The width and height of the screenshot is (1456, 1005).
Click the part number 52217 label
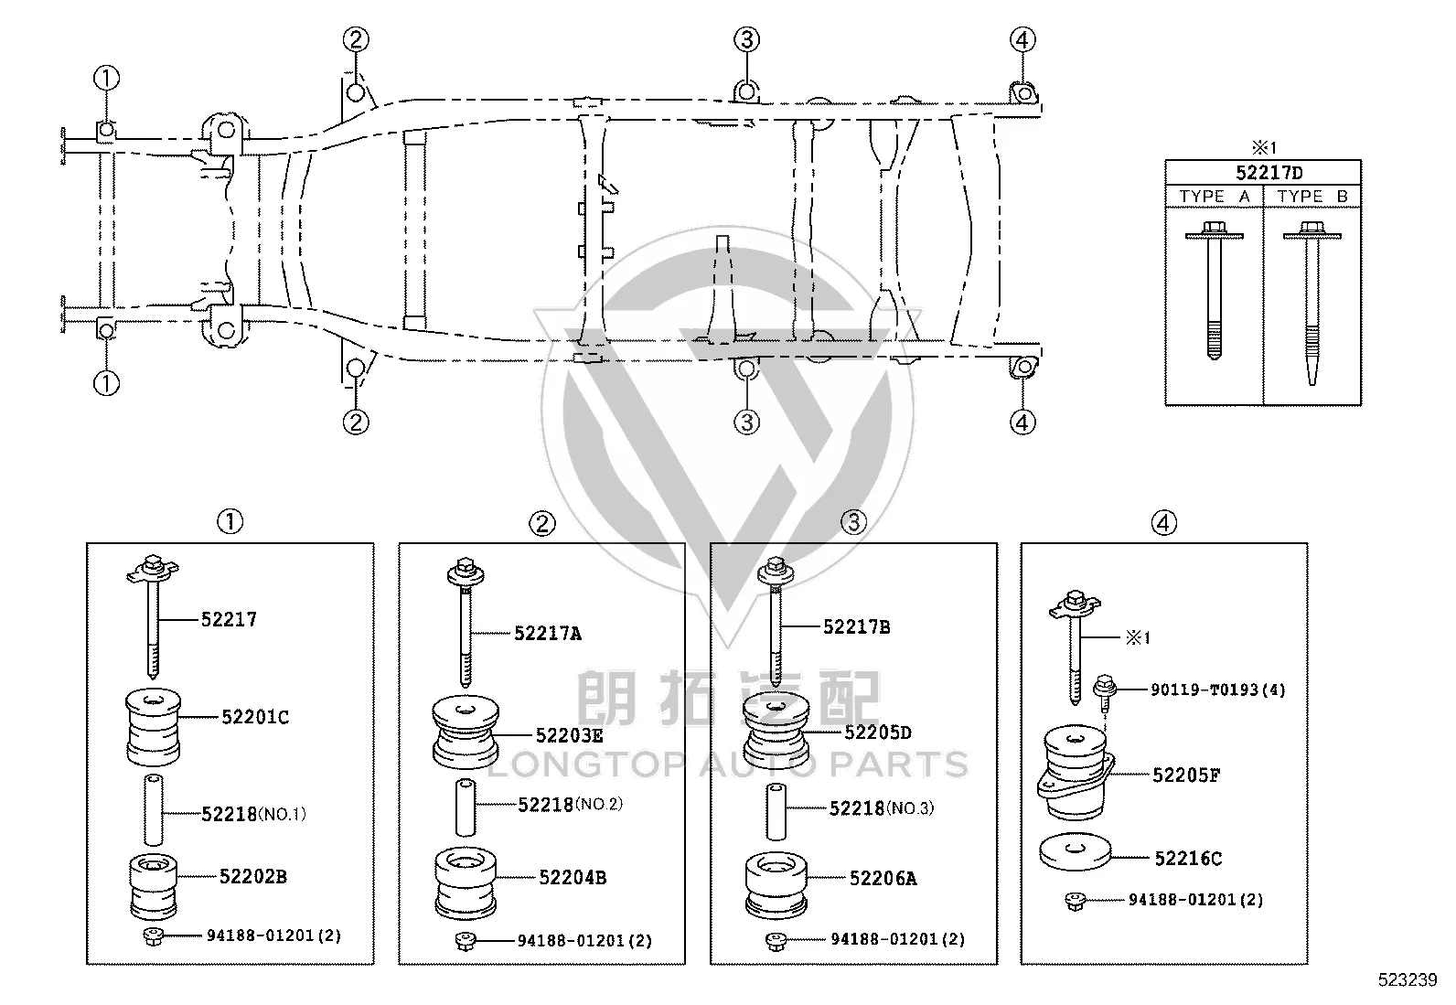click(228, 619)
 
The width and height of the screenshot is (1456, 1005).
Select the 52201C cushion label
click(255, 717)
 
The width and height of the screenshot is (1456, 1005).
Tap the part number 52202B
click(252, 876)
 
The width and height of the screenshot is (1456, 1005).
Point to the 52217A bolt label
click(547, 633)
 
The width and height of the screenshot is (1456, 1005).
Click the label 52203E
click(569, 735)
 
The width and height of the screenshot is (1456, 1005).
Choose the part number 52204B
click(572, 878)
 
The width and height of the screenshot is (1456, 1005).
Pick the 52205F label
click(1185, 775)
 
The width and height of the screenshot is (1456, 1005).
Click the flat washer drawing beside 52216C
click(1076, 851)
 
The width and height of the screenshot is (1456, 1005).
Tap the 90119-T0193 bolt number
click(1218, 690)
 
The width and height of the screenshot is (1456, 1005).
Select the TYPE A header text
click(1215, 197)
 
